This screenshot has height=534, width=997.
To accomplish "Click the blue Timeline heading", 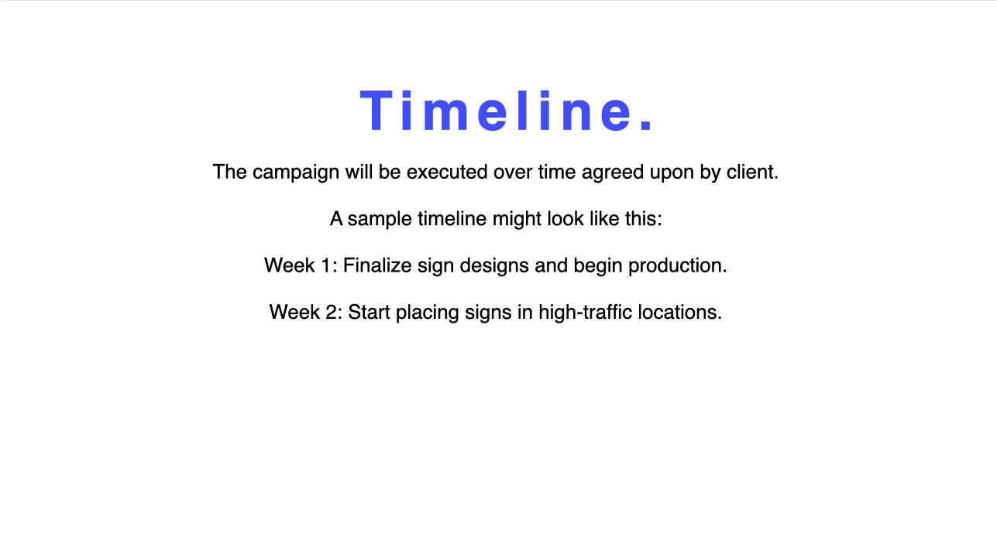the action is coord(507,111).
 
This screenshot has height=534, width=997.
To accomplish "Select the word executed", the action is coord(447,172).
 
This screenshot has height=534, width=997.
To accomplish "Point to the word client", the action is coord(752,172).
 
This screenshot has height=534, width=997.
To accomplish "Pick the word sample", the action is coord(380,220).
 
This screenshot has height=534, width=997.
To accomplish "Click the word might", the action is coord(517,220).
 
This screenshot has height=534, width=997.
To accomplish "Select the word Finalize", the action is coord(377,265).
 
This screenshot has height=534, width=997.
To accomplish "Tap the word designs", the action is coord(494,266).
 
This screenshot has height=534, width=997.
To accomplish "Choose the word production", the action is coord(677,266).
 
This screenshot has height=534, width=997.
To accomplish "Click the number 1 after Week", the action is coord(325,265).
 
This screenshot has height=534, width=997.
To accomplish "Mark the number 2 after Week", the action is coord(331,312).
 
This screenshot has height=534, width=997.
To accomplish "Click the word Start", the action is coord(369,312).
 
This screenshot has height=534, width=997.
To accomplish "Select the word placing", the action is coord(428,313).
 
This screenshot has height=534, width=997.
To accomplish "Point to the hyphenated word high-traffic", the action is coord(586,313).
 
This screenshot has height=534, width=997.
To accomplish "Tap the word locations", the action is coord(679,312).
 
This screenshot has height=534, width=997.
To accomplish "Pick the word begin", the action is coord(598,266).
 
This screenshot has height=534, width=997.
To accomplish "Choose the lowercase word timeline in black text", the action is coord(452,219).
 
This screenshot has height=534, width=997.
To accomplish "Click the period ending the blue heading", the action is coord(646,126).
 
